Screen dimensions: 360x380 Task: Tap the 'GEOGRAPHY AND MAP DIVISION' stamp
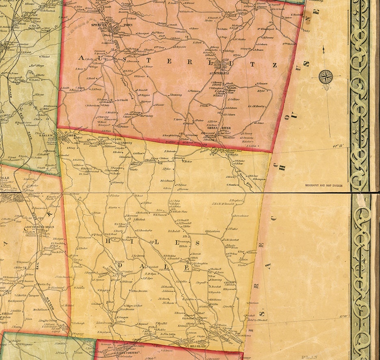[x=324, y=185]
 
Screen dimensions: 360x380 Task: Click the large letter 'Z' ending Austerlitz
[x=274, y=65]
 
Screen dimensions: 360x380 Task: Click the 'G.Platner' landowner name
[x=194, y=91]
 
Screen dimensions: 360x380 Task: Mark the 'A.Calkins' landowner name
[x=234, y=99]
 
